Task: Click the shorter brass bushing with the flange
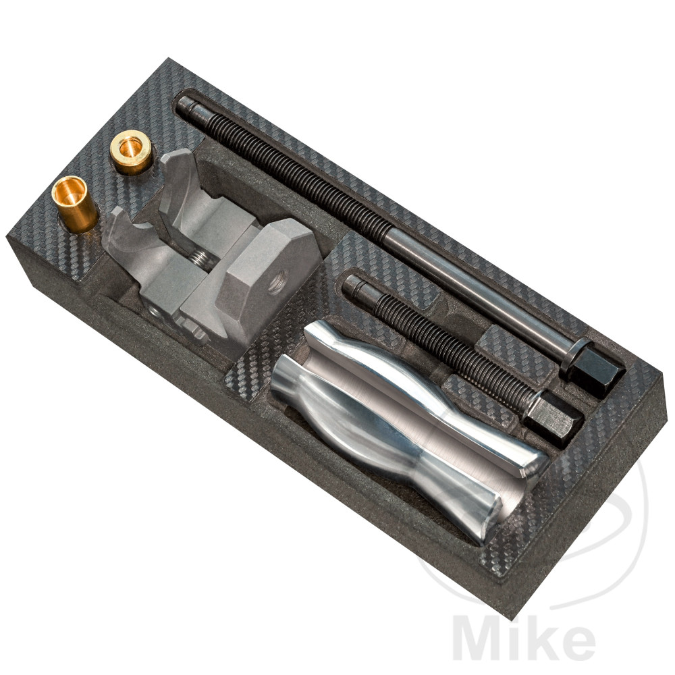point(131,151)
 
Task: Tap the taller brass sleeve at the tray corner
point(74,204)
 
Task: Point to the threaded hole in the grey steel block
point(274,283)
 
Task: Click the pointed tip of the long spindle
point(183,104)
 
